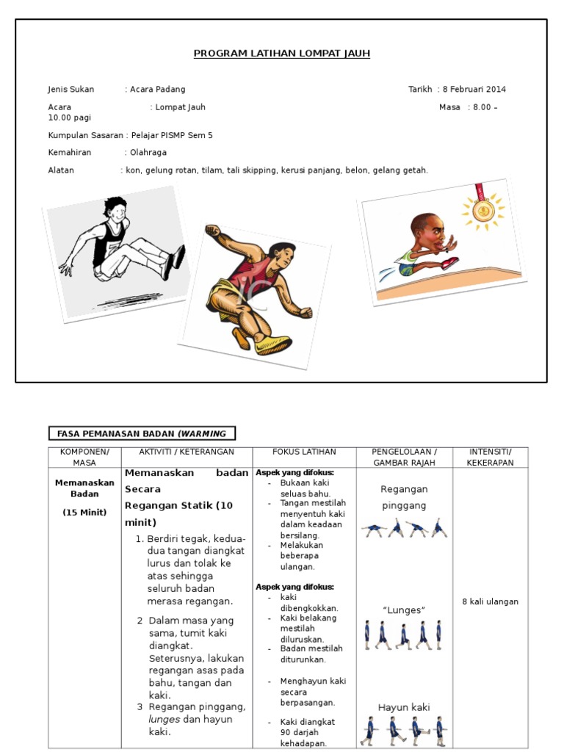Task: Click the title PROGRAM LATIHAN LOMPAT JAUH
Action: (x=282, y=54)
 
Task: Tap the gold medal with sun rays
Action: (x=482, y=211)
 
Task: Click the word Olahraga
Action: (x=148, y=153)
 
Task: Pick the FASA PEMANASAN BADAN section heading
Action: (x=142, y=433)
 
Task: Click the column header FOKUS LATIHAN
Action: (x=304, y=452)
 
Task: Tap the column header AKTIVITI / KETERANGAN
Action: (x=187, y=452)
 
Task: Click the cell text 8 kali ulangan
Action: (x=490, y=601)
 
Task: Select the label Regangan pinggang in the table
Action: (x=404, y=497)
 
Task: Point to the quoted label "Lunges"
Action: (x=404, y=610)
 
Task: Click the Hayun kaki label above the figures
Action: (x=404, y=707)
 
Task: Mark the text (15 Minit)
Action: (x=84, y=512)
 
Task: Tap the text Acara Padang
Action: (x=158, y=90)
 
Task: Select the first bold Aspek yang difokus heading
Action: (x=294, y=472)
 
